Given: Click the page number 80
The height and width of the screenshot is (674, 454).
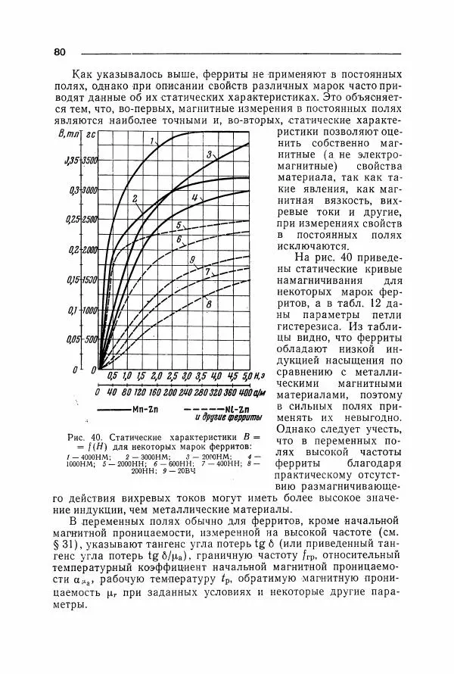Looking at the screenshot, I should (61, 51).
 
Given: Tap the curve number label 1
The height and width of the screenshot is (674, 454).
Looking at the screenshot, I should (152, 142).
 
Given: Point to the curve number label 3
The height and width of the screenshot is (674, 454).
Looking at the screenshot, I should (208, 154).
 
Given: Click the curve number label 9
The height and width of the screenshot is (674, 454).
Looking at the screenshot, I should (194, 261).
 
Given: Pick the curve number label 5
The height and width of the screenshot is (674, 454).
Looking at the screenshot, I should (179, 225).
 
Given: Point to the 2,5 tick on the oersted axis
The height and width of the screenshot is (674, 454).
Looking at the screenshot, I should (172, 376).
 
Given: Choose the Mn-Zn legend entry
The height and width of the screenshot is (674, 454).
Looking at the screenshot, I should (144, 410).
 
